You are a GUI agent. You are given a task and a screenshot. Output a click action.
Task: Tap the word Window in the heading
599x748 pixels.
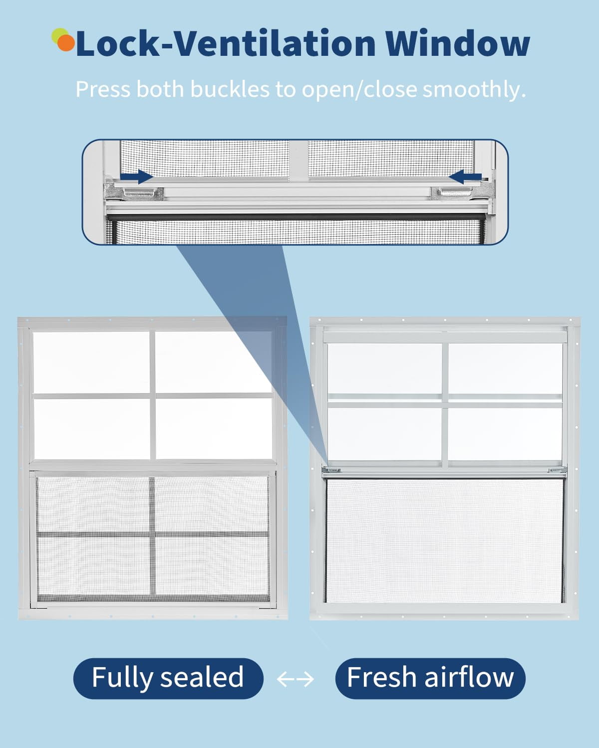(x=457, y=43)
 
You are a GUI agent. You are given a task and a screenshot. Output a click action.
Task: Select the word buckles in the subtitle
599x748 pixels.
(x=230, y=89)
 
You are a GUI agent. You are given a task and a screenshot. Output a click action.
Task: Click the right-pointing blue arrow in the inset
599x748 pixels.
(x=136, y=177)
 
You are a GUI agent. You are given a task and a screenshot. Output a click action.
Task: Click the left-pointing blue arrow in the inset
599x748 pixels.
(x=465, y=177)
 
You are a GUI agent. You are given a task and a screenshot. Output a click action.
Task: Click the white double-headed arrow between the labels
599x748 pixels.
(x=296, y=679)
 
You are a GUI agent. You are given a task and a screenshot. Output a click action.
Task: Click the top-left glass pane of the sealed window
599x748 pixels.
(x=91, y=363)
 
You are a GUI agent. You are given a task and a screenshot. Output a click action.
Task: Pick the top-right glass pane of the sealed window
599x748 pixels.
(x=213, y=363)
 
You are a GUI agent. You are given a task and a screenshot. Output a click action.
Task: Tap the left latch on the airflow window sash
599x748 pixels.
(x=331, y=470)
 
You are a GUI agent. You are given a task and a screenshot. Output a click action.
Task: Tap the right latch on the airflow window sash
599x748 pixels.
(x=557, y=470)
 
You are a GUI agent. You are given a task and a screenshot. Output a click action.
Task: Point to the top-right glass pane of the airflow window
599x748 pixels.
(x=505, y=369)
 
